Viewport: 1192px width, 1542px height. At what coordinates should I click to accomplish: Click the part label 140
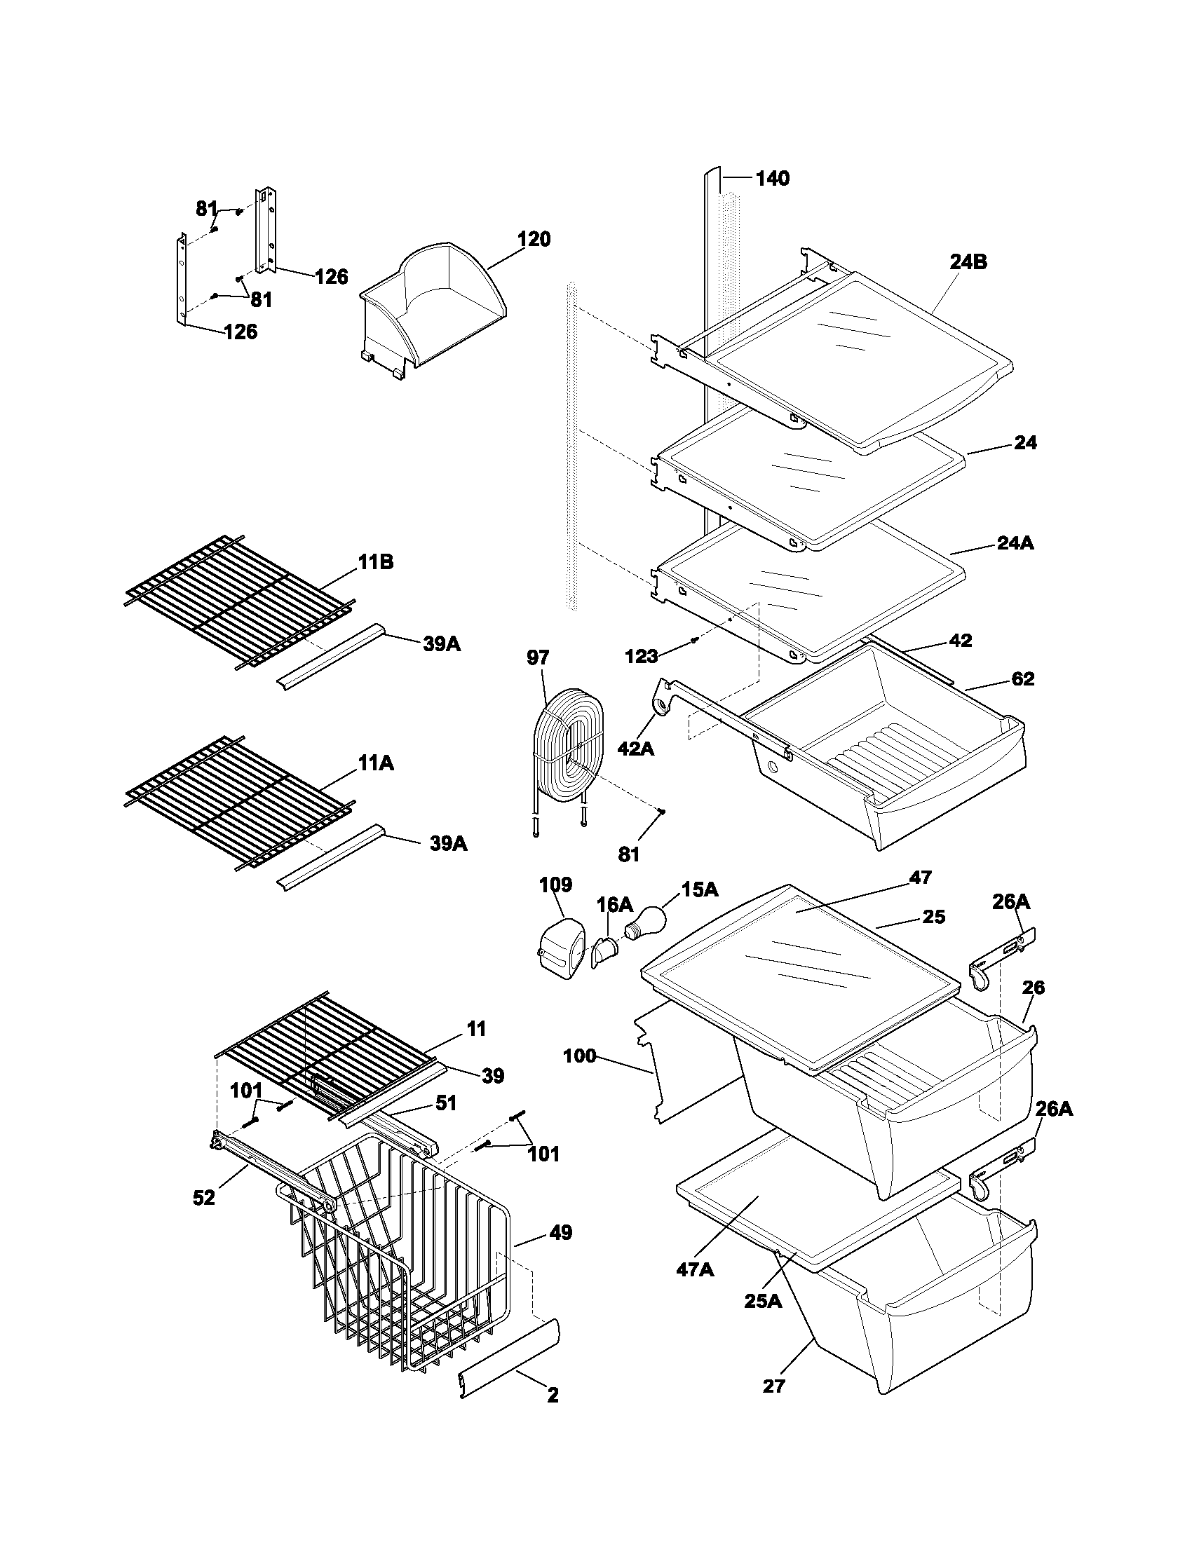click(x=773, y=179)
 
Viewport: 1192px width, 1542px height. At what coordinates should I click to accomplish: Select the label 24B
click(x=968, y=262)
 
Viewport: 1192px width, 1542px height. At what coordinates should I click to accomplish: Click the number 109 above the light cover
click(x=556, y=885)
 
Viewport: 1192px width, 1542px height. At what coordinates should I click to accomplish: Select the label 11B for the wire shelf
click(x=376, y=563)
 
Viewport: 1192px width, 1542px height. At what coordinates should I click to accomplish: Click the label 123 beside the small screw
click(x=641, y=657)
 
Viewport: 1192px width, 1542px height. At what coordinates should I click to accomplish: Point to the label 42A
click(x=635, y=749)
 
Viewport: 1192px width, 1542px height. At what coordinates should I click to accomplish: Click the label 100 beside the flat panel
click(x=581, y=1057)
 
